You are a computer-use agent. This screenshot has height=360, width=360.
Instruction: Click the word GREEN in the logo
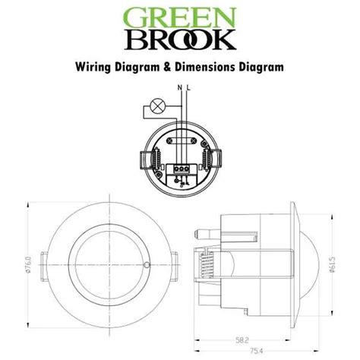(179, 18)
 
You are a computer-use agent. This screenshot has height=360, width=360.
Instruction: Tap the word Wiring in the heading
(93, 67)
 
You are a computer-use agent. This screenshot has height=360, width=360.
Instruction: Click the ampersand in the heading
(167, 67)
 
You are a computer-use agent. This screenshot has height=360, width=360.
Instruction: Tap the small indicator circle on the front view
(145, 264)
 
